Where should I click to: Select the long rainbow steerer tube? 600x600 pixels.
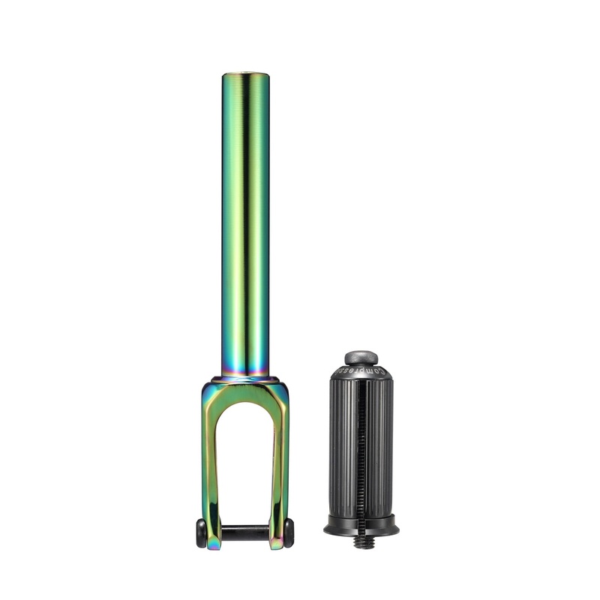click(x=245, y=225)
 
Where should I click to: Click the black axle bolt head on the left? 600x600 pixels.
click(x=201, y=532)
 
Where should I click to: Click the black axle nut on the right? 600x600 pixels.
click(x=289, y=532)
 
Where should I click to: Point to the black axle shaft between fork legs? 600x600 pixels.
click(x=245, y=532)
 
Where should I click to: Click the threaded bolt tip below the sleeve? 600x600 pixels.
click(x=361, y=541)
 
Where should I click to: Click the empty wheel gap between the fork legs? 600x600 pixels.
click(x=245, y=465)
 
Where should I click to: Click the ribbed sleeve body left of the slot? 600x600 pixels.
click(x=343, y=450)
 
